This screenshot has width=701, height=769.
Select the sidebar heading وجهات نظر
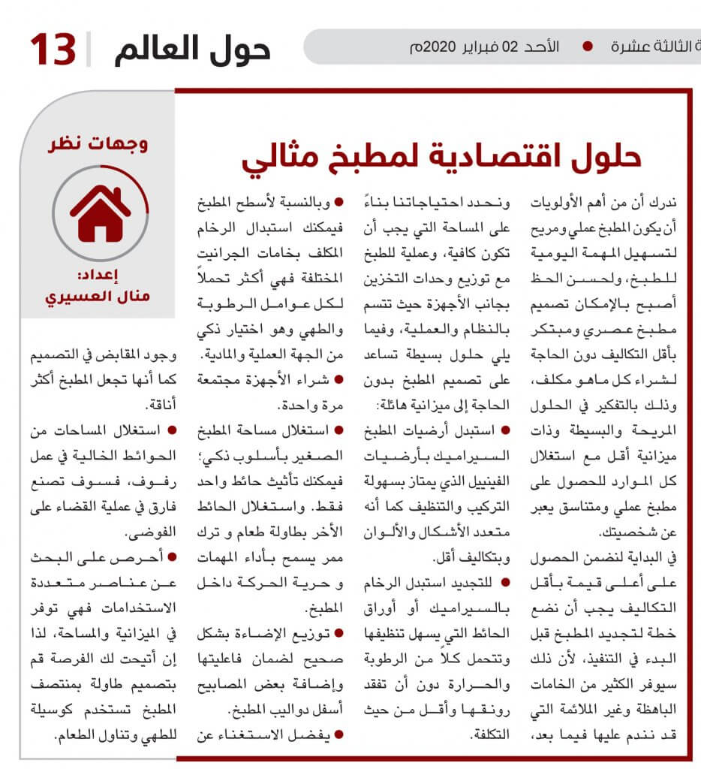[100, 143]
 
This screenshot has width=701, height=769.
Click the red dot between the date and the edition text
[587, 46]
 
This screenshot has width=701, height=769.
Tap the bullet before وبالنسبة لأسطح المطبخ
[340, 201]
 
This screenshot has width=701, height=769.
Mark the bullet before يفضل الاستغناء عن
[340, 734]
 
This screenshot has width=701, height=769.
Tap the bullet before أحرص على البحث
[173, 556]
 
